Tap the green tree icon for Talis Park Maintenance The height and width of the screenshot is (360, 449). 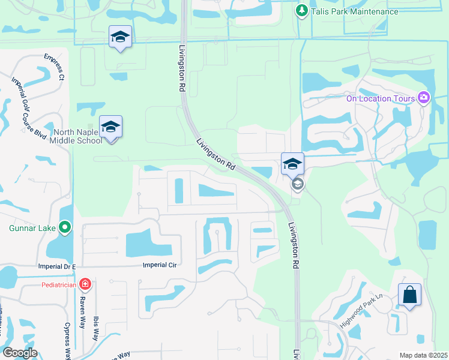[302, 11]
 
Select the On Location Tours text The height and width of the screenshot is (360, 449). [381, 98]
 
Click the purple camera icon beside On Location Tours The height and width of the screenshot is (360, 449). [424, 97]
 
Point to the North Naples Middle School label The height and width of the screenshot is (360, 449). [77, 136]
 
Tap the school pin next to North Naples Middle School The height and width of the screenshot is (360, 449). [111, 127]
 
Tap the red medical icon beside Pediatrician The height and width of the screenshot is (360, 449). [85, 284]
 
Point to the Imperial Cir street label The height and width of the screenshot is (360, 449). [162, 265]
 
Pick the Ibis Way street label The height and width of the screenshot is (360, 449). [95, 330]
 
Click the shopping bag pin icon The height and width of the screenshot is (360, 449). [409, 295]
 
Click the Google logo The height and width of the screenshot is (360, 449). [20, 353]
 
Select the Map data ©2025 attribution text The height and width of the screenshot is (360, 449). [423, 355]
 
